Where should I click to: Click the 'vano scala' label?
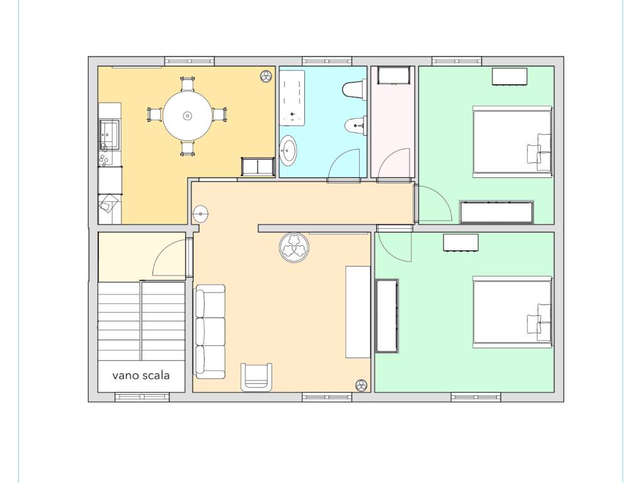click(141, 375)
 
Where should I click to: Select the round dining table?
click(187, 116)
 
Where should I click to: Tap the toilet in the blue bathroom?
click(354, 90)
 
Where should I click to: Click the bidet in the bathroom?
click(355, 126)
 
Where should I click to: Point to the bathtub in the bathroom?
click(292, 97)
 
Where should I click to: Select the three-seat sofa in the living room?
click(210, 331)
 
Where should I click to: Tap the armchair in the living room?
click(257, 377)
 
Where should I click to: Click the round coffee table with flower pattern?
click(294, 248)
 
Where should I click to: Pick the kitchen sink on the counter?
click(109, 135)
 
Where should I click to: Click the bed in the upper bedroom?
click(512, 142)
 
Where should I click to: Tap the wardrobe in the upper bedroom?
click(497, 212)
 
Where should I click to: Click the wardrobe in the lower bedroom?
click(387, 316)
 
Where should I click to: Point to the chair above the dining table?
click(187, 84)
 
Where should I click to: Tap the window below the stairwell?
click(142, 397)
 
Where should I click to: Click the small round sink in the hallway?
click(201, 214)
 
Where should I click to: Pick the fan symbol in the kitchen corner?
click(266, 75)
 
